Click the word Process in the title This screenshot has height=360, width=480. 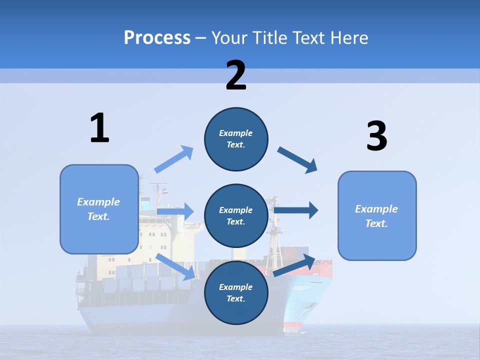157,37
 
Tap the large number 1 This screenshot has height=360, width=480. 99,128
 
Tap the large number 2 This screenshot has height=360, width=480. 236,75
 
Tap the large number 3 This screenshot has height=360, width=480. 376,136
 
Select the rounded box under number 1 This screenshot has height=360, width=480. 99,209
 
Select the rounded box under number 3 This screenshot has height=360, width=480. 377,215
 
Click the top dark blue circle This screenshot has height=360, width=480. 236,139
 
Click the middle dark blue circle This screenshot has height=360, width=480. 236,215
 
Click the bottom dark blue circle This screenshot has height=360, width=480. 236,292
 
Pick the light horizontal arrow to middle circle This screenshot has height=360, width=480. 175,211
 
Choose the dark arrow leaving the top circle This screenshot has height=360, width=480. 297,160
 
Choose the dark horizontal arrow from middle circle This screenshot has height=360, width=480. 296,210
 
